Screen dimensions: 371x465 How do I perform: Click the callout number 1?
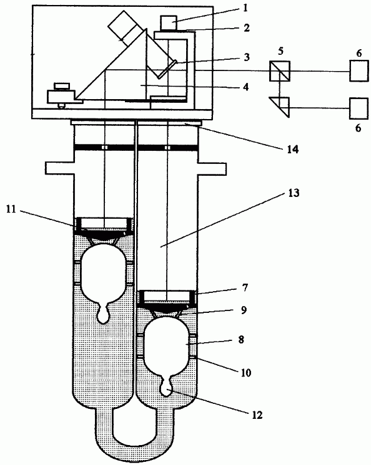[245, 8]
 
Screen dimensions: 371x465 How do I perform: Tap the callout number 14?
[292, 149]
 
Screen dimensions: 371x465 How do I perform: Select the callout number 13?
[294, 193]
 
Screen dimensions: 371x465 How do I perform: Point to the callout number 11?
[11, 209]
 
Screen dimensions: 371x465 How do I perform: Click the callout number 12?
[257, 415]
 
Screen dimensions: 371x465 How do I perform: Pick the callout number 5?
[280, 50]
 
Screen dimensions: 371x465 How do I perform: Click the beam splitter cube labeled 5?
[280, 71]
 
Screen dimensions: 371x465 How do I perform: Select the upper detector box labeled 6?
[359, 71]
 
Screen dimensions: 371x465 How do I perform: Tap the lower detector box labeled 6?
[359, 108]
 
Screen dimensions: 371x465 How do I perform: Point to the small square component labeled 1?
[169, 22]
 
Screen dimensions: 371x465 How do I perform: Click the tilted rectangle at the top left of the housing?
[125, 29]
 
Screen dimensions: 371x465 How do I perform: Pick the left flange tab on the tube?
[59, 168]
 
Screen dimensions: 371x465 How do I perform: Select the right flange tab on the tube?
[212, 168]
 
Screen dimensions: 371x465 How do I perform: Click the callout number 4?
[245, 87]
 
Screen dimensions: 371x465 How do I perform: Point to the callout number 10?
[246, 373]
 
